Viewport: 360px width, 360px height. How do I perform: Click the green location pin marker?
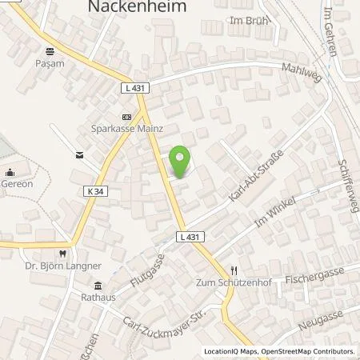pos(182,162)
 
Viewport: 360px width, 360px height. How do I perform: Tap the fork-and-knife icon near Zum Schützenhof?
pos(234,270)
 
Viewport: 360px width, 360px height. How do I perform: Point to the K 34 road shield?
pos(94,190)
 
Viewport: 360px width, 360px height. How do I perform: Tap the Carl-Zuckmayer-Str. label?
pos(156,322)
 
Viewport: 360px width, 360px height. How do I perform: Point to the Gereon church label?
pos(15,182)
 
